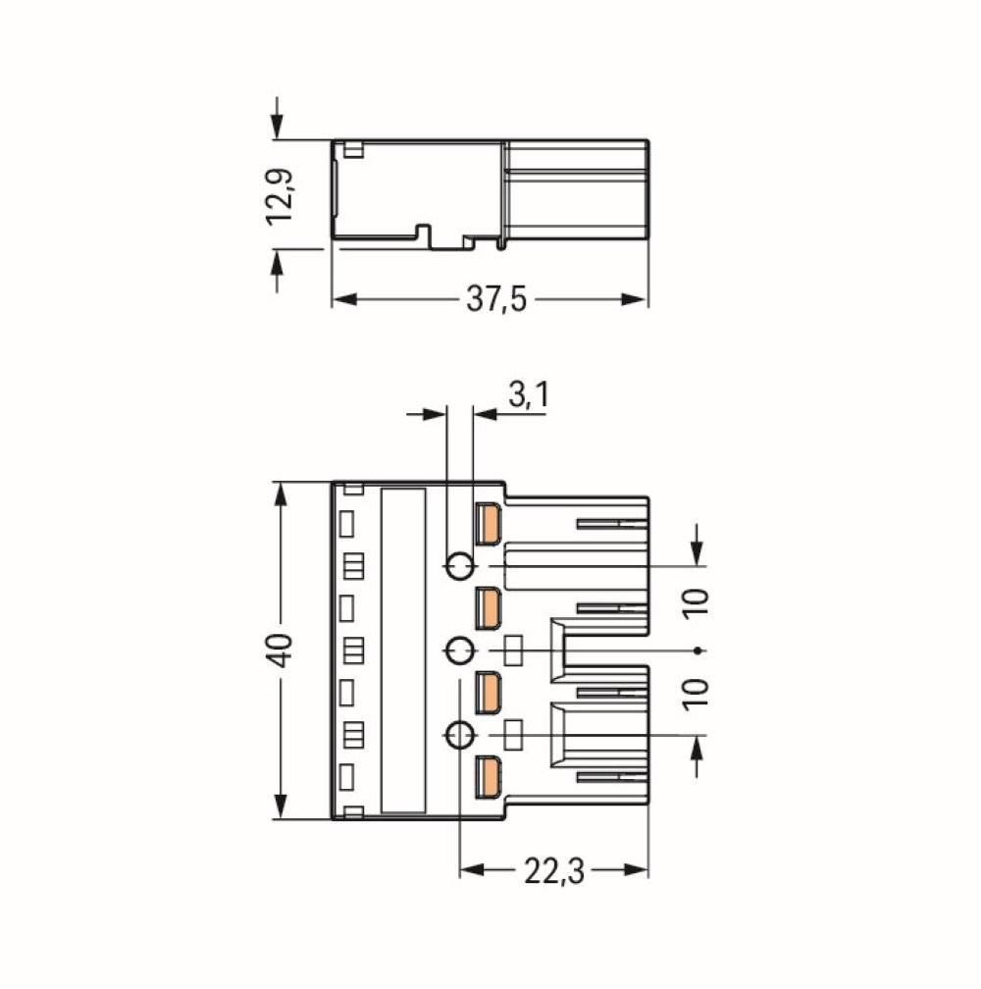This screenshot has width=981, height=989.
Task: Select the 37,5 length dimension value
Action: click(x=496, y=299)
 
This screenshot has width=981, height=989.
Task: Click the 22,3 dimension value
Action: click(x=552, y=870)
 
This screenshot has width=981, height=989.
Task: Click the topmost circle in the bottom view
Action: click(x=460, y=567)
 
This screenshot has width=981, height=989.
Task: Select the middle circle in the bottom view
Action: click(x=460, y=651)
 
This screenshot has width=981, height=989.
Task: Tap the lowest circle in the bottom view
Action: click(x=460, y=735)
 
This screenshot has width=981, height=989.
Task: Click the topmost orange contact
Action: click(x=488, y=525)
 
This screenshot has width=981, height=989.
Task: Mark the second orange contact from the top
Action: click(x=488, y=609)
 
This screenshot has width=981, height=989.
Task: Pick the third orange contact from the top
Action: click(x=488, y=693)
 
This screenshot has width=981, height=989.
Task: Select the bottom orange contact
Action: click(x=488, y=777)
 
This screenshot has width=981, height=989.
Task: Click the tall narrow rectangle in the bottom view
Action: click(x=403, y=651)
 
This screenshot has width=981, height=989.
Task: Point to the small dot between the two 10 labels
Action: click(x=697, y=651)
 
